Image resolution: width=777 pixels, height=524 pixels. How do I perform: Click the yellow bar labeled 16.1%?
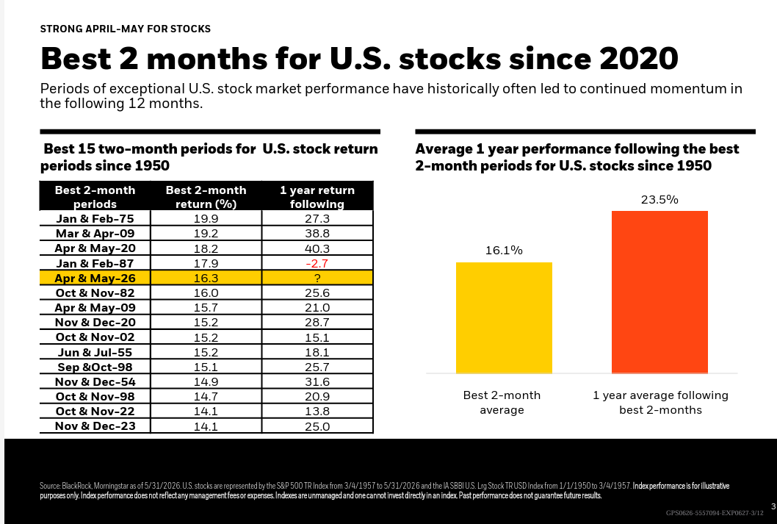504,317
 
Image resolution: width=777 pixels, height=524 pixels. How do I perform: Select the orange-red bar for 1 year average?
659,292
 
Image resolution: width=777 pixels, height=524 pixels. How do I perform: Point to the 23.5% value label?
659,200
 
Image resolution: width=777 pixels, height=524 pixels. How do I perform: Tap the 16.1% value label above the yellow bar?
504,251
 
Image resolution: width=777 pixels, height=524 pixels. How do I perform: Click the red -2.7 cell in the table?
317,263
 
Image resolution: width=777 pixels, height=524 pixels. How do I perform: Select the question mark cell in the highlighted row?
317,278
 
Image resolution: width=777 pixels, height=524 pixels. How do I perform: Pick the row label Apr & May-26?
95,278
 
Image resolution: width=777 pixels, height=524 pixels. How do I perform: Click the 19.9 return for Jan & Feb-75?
206,218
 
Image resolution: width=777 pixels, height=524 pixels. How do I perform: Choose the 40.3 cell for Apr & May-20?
317,248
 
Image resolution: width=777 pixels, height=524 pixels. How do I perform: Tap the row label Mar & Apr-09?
95,234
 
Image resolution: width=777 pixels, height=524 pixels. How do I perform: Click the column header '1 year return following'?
317,197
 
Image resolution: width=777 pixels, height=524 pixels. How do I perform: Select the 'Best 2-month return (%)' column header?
206,197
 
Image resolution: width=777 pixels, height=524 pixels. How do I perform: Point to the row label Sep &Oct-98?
95,367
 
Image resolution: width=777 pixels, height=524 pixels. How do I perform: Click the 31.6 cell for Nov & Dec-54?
317,381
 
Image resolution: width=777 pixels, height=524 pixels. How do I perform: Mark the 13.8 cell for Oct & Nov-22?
317,412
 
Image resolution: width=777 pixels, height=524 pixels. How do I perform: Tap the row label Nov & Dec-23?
95,426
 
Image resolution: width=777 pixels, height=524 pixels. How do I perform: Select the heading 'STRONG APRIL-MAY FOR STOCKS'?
126,29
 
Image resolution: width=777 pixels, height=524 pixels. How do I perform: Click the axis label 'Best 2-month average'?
502,403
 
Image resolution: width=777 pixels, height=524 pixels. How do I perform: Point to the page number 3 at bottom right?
773,506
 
